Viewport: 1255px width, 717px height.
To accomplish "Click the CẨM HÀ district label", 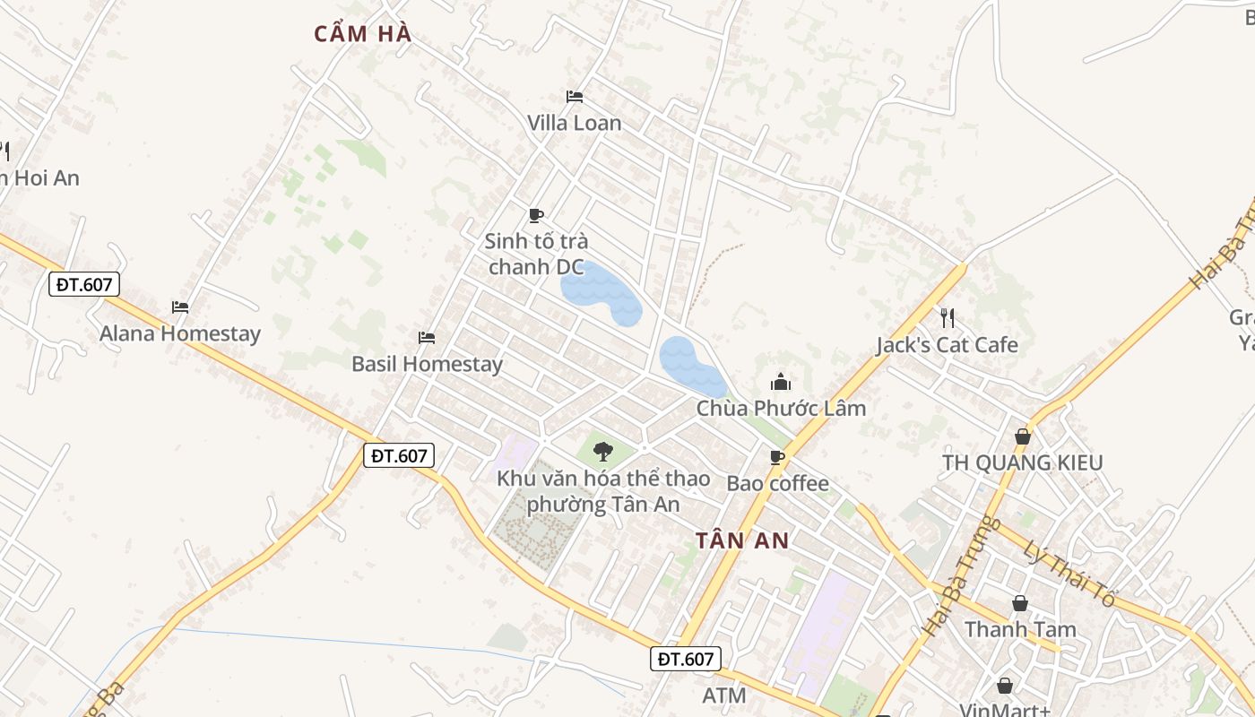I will (x=363, y=34).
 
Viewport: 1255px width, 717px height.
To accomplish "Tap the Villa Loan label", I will (x=574, y=123).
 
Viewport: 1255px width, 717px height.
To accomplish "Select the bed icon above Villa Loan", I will (x=575, y=97).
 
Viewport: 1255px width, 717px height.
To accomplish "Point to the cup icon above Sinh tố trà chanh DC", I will (x=536, y=215).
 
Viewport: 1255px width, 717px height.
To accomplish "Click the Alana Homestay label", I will (x=179, y=333).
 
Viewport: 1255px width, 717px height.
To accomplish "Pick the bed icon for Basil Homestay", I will (x=427, y=338).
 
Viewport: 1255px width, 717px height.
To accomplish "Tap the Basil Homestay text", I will (x=427, y=364).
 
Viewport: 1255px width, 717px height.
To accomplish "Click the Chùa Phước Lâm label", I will (x=782, y=409).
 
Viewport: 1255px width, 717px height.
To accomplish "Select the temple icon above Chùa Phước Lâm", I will (x=781, y=383).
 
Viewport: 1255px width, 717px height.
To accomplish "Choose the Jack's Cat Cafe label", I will (x=947, y=345).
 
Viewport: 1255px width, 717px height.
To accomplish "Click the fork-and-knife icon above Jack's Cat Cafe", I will (x=948, y=317).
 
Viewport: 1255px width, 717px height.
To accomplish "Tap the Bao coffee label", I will (x=777, y=484).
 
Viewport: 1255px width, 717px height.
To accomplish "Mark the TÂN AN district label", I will (x=742, y=540).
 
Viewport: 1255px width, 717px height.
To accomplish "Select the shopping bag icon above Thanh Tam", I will (x=1020, y=603).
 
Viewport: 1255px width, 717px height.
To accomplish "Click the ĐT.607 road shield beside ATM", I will (x=685, y=660).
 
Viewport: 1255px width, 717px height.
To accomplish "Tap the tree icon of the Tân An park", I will (x=602, y=450).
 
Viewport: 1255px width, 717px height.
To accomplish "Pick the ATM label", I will (x=724, y=695).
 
